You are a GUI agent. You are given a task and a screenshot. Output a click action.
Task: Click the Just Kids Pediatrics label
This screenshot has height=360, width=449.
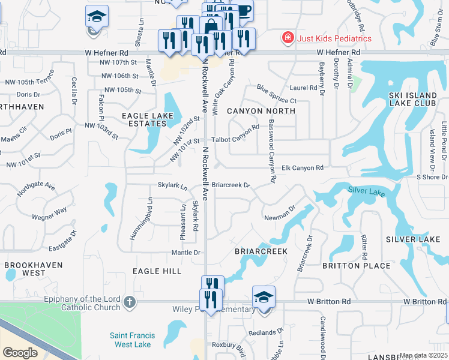pos(335,38)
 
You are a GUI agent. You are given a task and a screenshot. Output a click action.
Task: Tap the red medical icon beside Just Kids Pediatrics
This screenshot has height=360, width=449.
pos(288,38)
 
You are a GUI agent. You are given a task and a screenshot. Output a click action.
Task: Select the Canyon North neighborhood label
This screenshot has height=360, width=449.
pos(261,111)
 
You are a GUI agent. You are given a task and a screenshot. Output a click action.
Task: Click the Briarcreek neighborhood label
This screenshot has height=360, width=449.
pos(261,251)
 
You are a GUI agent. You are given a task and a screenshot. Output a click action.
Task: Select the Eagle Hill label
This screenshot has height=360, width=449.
pos(157,271)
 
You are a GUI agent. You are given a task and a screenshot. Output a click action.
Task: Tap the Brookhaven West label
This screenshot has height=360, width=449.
pos(25,268)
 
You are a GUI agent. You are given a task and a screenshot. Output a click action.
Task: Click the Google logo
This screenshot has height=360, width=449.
pos(20,353)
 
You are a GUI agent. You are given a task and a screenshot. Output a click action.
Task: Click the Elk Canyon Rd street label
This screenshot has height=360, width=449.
pos(303,168)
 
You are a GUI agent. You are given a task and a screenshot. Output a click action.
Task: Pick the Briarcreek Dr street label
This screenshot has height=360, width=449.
pos(231,185)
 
